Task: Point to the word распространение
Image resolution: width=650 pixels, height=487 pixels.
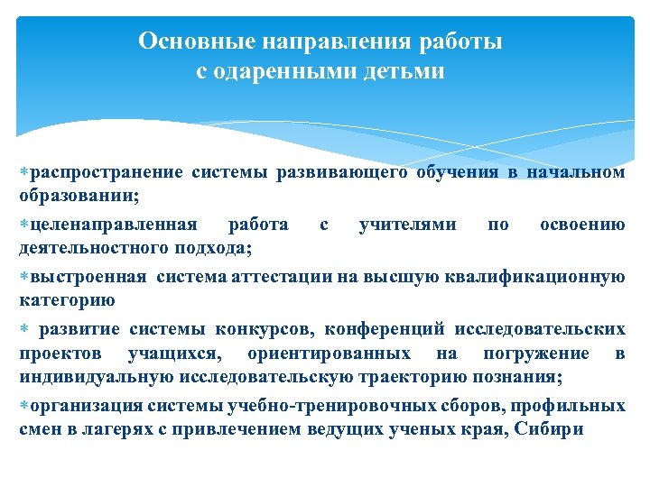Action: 96,173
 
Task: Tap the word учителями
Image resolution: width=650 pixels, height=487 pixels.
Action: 407,225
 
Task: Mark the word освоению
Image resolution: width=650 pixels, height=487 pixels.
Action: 582,225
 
